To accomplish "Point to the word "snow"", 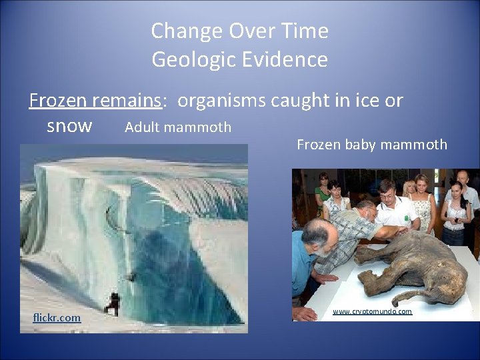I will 69,126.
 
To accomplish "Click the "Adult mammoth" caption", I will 178,127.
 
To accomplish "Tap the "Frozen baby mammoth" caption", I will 371,144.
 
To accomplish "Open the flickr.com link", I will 57,318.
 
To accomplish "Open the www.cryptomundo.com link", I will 372,311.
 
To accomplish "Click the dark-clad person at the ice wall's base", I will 114,303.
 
